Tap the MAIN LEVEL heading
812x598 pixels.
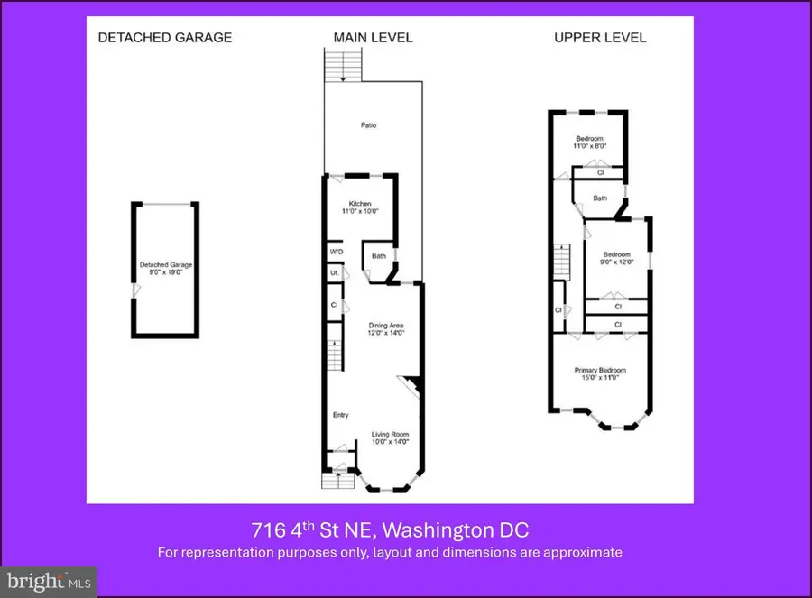pyautogui.click(x=373, y=38)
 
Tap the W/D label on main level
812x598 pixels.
pyautogui.click(x=336, y=252)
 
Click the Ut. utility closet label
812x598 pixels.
pyautogui.click(x=334, y=272)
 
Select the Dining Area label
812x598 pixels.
pyautogui.click(x=385, y=326)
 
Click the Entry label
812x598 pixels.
pyautogui.click(x=340, y=415)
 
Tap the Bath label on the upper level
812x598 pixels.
pyautogui.click(x=600, y=198)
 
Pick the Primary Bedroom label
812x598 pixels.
pyautogui.click(x=600, y=371)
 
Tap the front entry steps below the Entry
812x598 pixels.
pyautogui.click(x=339, y=476)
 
